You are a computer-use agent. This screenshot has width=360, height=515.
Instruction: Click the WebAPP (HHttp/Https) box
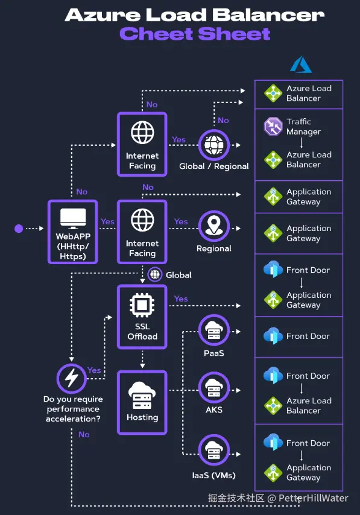tap(72, 232)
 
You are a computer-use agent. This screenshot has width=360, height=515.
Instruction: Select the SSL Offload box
tap(142, 317)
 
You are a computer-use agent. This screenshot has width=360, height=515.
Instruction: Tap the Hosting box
tap(142, 403)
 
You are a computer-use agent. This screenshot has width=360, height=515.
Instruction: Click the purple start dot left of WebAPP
tap(19, 229)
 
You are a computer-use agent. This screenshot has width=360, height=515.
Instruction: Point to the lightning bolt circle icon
tap(72, 378)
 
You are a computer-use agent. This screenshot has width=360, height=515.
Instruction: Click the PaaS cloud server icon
tap(214, 331)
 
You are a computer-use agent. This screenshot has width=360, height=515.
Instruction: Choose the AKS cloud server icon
tap(214, 388)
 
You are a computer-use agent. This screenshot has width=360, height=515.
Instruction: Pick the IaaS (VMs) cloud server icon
tap(214, 450)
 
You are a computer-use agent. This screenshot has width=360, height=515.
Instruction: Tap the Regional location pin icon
tap(214, 226)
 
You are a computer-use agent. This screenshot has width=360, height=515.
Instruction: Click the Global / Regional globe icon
tap(214, 145)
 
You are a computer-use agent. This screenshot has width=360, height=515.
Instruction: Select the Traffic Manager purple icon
tap(273, 127)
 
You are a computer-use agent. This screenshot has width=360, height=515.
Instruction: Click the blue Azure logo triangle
tap(301, 65)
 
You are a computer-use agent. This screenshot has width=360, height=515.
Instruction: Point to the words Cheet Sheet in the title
tap(195, 34)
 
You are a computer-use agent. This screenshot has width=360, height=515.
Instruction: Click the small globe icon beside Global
tap(155, 274)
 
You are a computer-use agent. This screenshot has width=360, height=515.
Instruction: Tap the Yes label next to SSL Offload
tap(181, 299)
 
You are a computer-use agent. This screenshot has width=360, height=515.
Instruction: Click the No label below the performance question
tap(84, 435)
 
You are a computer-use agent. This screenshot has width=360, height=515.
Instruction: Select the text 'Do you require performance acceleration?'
tap(73, 409)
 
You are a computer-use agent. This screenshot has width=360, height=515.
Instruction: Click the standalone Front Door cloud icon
tap(273, 336)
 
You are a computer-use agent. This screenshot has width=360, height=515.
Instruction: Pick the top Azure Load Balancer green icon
tap(273, 93)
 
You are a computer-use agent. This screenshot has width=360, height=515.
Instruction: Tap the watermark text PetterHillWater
tap(314, 498)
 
